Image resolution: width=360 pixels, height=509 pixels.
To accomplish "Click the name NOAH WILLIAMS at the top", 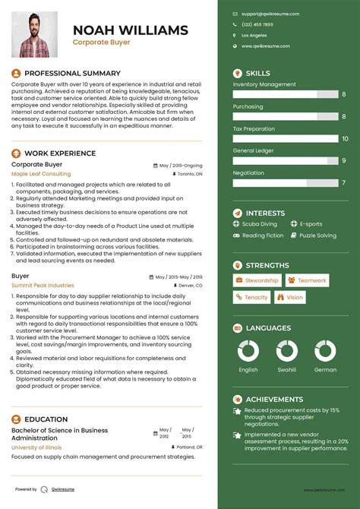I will coord(130,30).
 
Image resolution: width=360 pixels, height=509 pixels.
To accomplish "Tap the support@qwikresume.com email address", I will coord(270,14).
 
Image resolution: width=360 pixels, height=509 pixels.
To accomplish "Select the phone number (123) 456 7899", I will coord(257,24).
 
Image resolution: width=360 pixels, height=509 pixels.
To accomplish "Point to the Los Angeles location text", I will coord(254,35).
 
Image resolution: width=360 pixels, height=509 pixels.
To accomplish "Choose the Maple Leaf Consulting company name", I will coord(41,174).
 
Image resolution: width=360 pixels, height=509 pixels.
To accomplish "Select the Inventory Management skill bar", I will coord(285,94).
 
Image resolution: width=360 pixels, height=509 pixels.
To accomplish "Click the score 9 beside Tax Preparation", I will coord(344,139).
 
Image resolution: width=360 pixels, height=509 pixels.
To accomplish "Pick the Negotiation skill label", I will coord(248,172).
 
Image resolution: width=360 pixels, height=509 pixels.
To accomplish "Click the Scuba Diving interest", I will coord(260,224).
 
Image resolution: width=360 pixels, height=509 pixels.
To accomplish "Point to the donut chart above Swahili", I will coord(287,350).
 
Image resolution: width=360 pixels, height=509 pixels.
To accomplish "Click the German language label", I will coord(325,369).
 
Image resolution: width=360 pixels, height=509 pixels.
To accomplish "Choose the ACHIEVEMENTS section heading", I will coord(274,399).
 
